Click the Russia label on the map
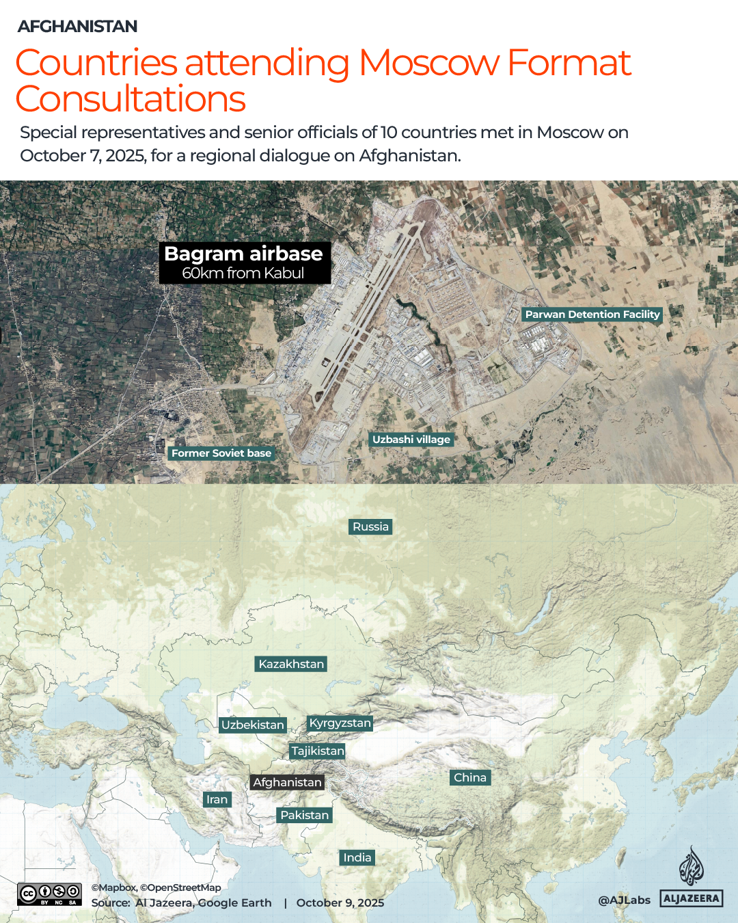click(x=370, y=526)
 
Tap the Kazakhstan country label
click(x=291, y=664)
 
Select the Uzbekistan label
click(x=252, y=725)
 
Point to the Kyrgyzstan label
click(x=340, y=723)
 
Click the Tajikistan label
click(x=318, y=751)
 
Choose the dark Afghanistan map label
click(x=287, y=782)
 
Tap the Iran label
click(x=217, y=799)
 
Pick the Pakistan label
click(x=305, y=815)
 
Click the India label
click(x=357, y=857)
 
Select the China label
click(x=470, y=777)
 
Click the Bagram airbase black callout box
click(x=244, y=263)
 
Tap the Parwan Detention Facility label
click(x=592, y=315)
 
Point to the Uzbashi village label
click(x=411, y=440)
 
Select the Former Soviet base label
click(x=221, y=453)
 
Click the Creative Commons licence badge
click(x=49, y=894)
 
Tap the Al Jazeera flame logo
click(x=691, y=866)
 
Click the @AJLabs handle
click(x=624, y=900)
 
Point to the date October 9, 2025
click(x=340, y=902)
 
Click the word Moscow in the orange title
click(x=429, y=63)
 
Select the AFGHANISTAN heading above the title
click(x=77, y=27)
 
